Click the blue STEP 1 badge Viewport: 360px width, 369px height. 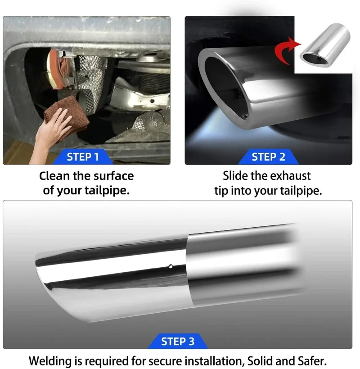tap(83, 157)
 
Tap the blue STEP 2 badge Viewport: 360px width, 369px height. tap(268, 157)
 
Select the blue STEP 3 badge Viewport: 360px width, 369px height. tap(178, 342)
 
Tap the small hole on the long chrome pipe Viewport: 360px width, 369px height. tap(170, 265)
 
